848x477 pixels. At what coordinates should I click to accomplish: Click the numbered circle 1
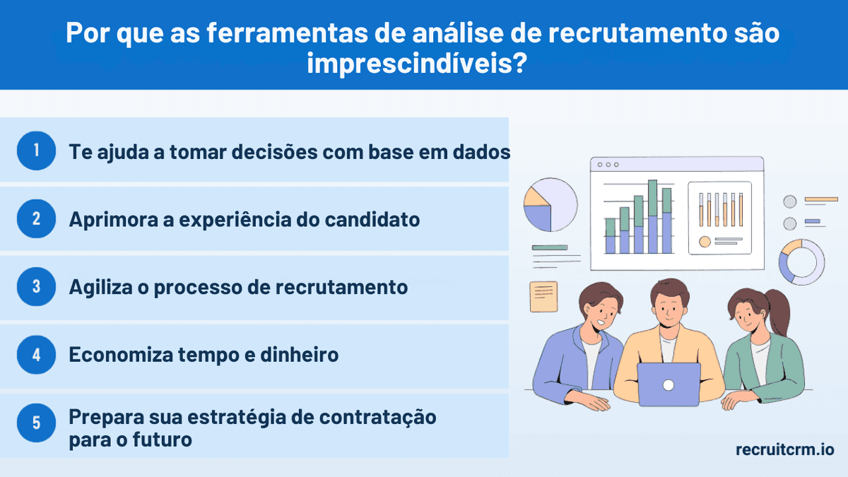click(x=36, y=151)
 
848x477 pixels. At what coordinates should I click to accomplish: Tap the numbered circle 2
click(x=36, y=218)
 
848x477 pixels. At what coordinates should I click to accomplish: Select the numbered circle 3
click(x=36, y=287)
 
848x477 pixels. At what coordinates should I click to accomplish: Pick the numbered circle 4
click(x=36, y=355)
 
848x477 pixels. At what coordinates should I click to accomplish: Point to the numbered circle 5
click(x=36, y=423)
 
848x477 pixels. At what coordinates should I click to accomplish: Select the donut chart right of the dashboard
click(x=801, y=262)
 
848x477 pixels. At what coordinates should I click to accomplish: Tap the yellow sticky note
click(x=543, y=297)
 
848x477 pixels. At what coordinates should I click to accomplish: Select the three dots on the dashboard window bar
click(x=608, y=165)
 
